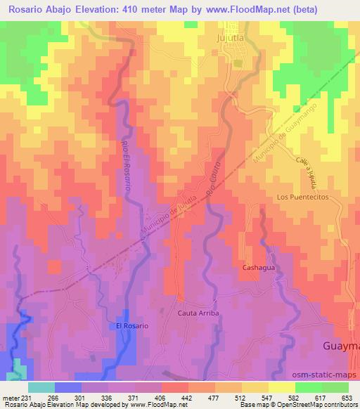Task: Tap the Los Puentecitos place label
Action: click(x=302, y=197)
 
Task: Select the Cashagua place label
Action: click(x=257, y=268)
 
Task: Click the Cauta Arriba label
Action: click(x=198, y=313)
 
